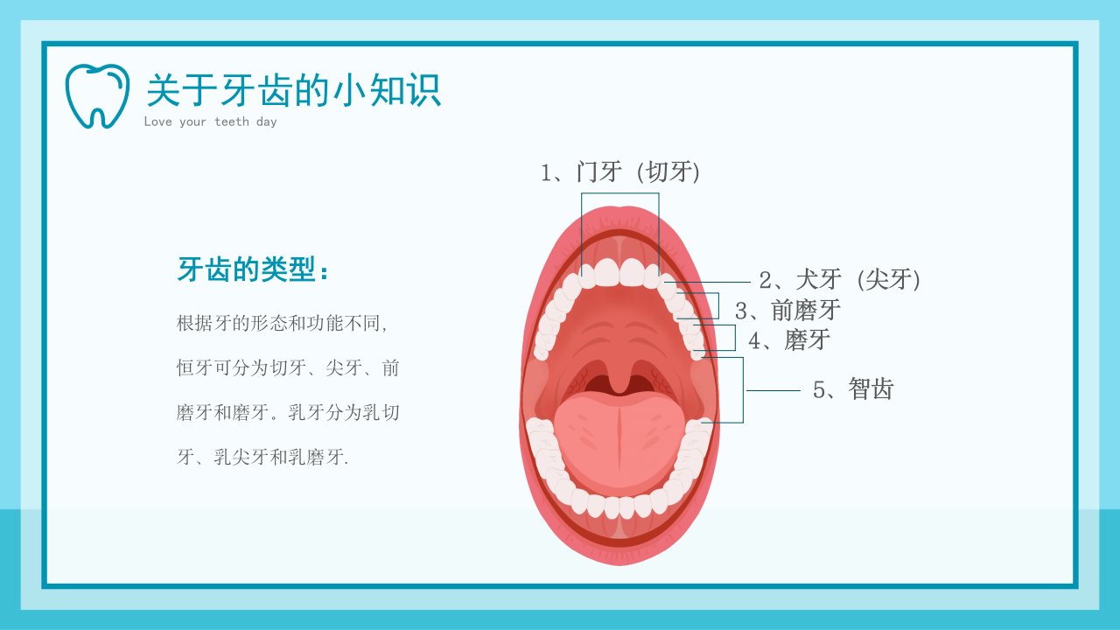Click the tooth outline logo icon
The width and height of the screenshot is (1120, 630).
97,95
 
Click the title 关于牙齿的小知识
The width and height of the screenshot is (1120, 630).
293,90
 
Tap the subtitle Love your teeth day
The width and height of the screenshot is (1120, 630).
210,122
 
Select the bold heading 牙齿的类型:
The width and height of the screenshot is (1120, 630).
254,269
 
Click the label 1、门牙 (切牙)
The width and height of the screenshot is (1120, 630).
620,171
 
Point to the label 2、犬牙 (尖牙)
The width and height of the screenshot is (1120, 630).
839,279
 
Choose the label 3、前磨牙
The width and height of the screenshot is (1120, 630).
787,310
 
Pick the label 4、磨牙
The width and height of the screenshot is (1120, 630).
789,340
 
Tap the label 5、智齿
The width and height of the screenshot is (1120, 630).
853,389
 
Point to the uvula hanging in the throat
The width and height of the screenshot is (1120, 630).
619,377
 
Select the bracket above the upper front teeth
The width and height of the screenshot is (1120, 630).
620,193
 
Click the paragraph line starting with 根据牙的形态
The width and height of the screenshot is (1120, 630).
282,324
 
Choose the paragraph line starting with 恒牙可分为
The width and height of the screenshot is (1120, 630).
288,368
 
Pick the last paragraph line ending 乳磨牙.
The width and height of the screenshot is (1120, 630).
262,457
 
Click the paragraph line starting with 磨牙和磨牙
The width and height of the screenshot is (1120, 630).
288,412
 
